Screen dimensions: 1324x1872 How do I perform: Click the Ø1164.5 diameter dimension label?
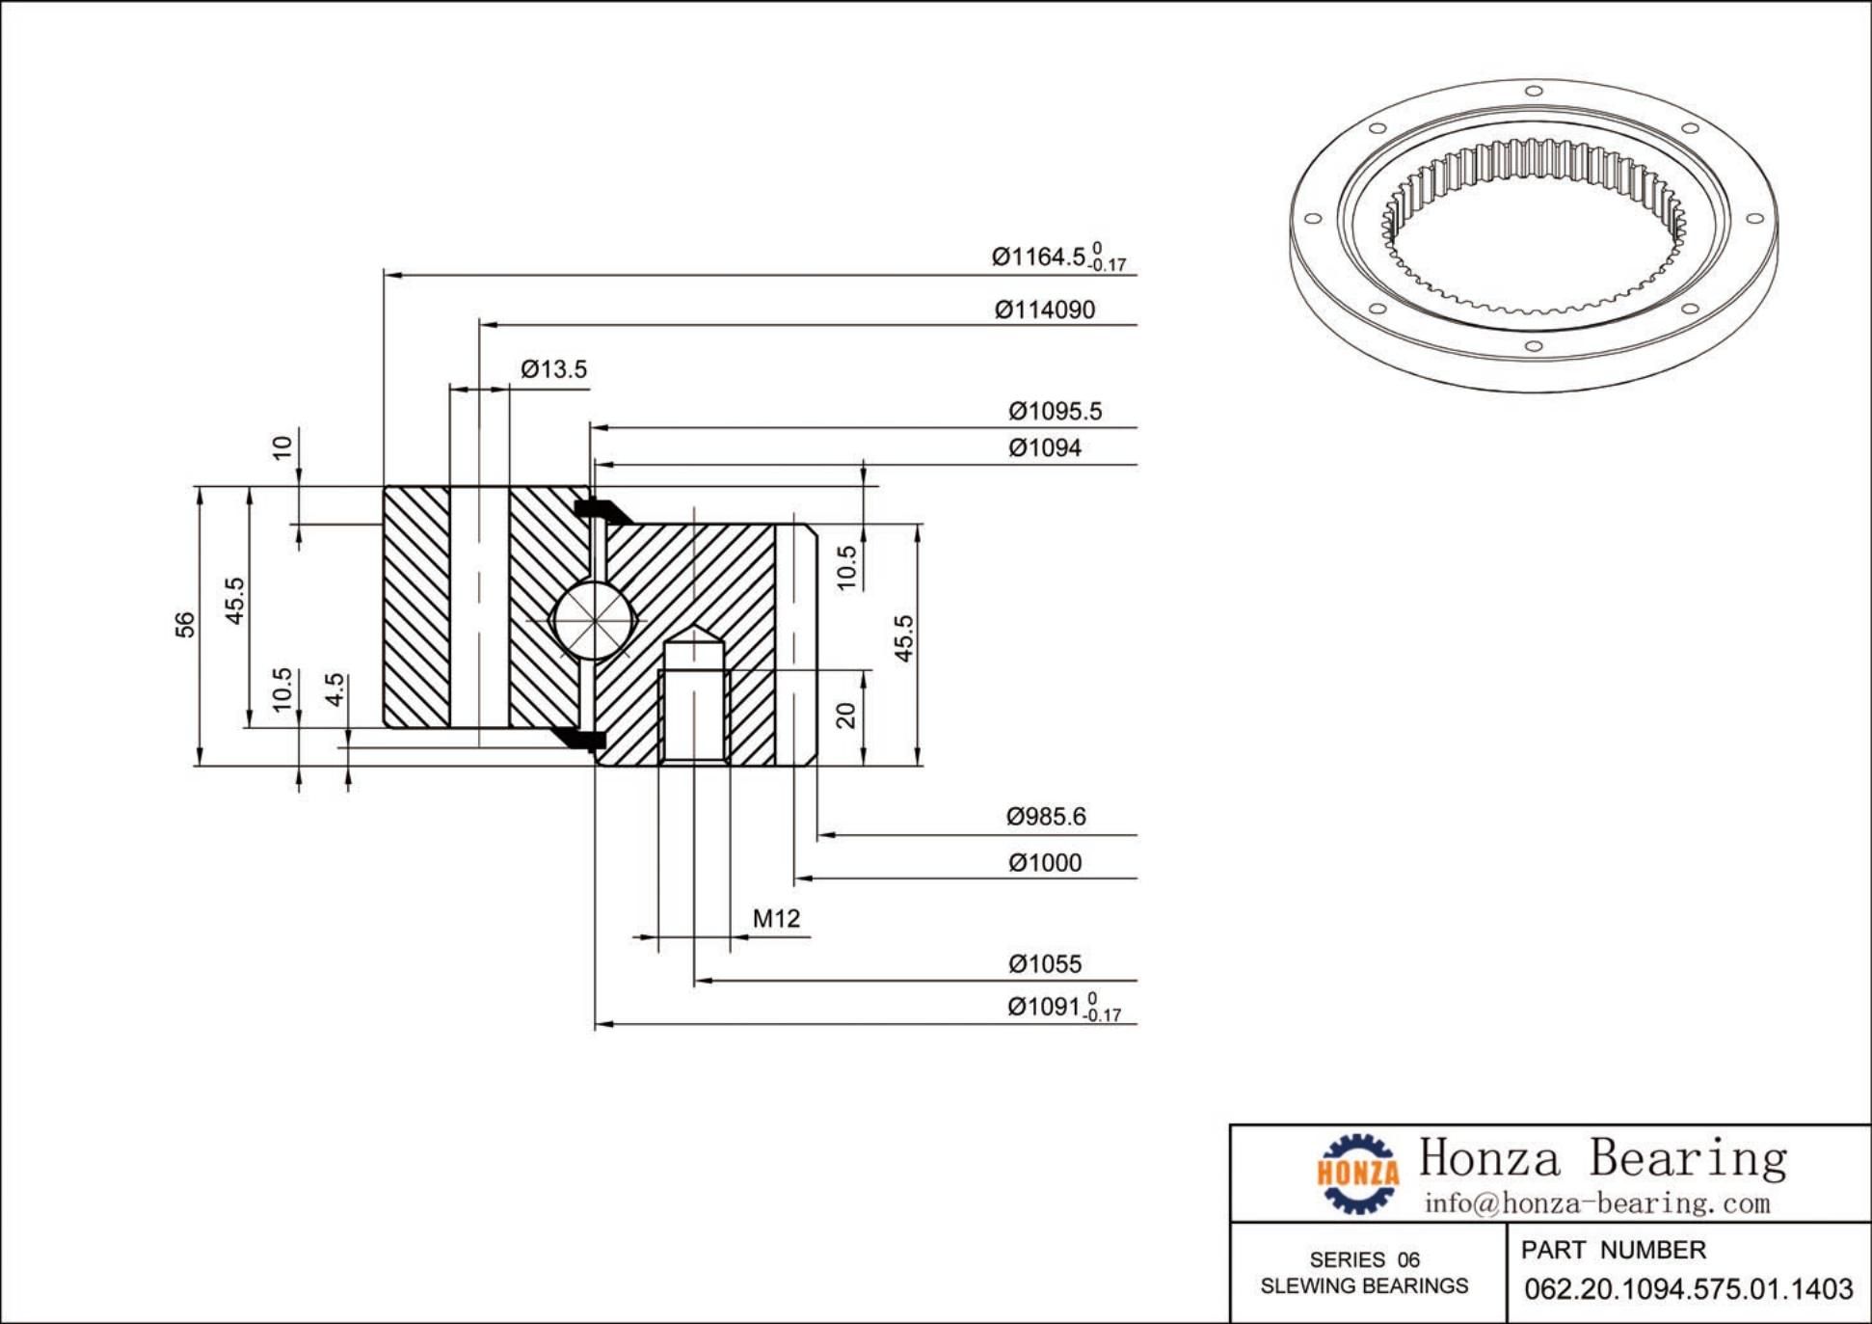(1056, 257)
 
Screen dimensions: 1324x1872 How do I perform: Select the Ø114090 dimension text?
(1044, 310)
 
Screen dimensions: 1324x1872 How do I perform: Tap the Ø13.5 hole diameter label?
(553, 369)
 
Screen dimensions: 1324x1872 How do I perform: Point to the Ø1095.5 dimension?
(1055, 412)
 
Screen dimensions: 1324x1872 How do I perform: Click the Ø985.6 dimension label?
(1045, 817)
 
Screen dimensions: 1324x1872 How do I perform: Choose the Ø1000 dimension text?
(1044, 863)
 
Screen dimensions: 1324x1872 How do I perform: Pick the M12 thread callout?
(776, 919)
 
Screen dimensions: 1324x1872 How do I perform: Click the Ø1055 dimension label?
(1044, 964)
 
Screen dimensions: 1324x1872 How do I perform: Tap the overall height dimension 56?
(185, 625)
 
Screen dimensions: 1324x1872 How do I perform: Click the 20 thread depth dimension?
(845, 716)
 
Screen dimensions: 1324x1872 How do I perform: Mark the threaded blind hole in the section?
(693, 709)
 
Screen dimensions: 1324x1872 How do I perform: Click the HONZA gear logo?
(1357, 1173)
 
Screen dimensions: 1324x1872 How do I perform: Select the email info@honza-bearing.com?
(1597, 1203)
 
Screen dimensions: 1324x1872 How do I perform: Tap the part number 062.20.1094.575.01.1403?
(1688, 1289)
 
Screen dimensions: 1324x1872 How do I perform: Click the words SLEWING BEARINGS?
(1364, 1286)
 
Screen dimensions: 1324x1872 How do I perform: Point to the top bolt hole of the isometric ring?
(1534, 92)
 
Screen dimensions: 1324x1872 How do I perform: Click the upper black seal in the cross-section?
(600, 509)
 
